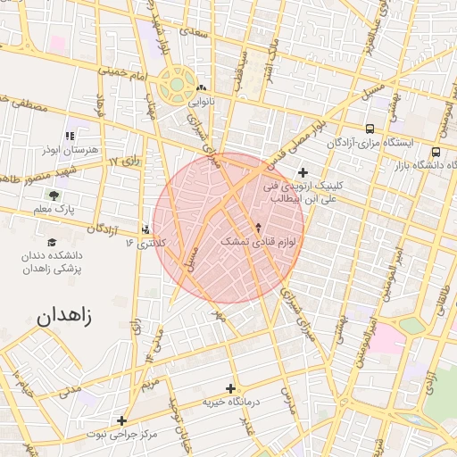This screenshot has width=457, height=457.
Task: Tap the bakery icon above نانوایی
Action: pyautogui.click(x=202, y=88)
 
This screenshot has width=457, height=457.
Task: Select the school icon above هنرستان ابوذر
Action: pyautogui.click(x=71, y=136)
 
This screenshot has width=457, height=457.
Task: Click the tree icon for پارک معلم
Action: pyautogui.click(x=56, y=194)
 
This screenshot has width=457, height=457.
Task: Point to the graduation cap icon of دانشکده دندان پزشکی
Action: pyautogui.click(x=52, y=242)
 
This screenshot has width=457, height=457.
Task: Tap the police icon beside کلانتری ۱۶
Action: pyautogui.click(x=146, y=228)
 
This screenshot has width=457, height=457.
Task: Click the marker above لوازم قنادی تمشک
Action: pyautogui.click(x=259, y=227)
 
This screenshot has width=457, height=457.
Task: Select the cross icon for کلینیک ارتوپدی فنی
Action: pyautogui.click(x=303, y=172)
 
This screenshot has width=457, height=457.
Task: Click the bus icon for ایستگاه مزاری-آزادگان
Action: pyautogui.click(x=370, y=129)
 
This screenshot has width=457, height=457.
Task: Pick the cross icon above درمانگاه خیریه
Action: pyautogui.click(x=230, y=388)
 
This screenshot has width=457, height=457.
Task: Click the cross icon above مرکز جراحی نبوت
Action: pyautogui.click(x=121, y=420)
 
